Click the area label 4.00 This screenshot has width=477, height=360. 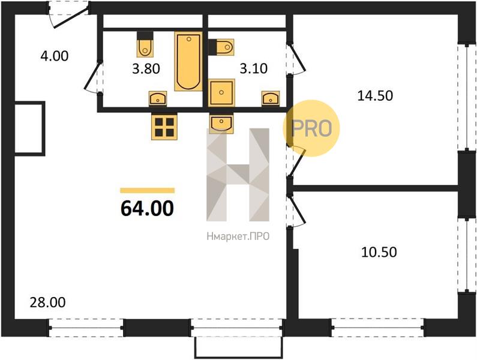click(x=55, y=56)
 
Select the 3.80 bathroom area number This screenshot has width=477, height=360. click(x=146, y=69)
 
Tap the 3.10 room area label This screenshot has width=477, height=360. click(x=254, y=68)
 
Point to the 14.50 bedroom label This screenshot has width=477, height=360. click(x=375, y=95)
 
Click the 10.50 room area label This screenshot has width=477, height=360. click(x=379, y=252)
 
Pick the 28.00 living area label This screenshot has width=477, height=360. click(x=48, y=302)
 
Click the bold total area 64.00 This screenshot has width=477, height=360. click(x=147, y=208)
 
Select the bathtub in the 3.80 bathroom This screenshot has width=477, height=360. click(x=188, y=61)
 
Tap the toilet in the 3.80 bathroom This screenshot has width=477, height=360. click(x=145, y=44)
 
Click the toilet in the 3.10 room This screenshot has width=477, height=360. click(x=221, y=47)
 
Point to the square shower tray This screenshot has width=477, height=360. click(x=222, y=92)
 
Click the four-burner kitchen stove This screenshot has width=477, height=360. click(x=164, y=127)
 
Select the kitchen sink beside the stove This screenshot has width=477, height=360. click(x=221, y=123)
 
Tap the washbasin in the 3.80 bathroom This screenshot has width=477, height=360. click(x=158, y=98)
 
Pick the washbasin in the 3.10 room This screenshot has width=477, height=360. click(x=271, y=98)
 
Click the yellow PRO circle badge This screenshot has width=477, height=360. click(x=311, y=128)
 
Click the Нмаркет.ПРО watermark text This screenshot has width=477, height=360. click(x=238, y=236)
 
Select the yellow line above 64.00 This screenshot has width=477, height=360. click(x=147, y=190)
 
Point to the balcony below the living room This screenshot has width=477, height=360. click(x=239, y=347)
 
